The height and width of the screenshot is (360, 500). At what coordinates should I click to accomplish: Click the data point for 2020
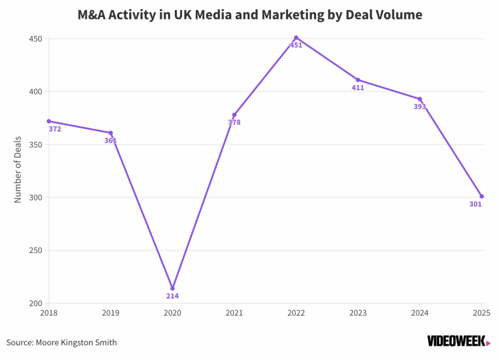coord(172,288)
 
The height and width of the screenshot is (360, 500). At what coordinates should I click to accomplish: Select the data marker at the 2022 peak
coord(296,38)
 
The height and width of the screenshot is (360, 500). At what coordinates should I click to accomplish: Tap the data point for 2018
coord(49,121)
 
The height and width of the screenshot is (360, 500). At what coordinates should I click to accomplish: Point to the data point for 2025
coord(481,196)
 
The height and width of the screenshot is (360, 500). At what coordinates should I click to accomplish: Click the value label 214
coord(172,296)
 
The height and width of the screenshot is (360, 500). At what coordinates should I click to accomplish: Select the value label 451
coord(296,45)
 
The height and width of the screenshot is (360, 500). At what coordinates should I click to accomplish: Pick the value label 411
coord(358,88)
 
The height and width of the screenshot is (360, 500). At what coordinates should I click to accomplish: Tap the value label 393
coord(420,107)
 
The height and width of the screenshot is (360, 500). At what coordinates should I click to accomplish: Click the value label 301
coord(476,204)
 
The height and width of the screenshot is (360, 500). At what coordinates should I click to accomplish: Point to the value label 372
coord(55,129)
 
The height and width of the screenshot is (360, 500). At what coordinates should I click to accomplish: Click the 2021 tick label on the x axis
coord(234,312)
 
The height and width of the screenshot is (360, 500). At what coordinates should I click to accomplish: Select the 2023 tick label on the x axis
coord(358,312)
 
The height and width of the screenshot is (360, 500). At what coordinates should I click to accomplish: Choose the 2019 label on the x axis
coord(110,312)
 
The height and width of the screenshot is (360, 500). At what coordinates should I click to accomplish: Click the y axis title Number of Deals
coord(18,170)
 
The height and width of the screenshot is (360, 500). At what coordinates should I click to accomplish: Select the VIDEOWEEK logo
coord(458,341)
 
